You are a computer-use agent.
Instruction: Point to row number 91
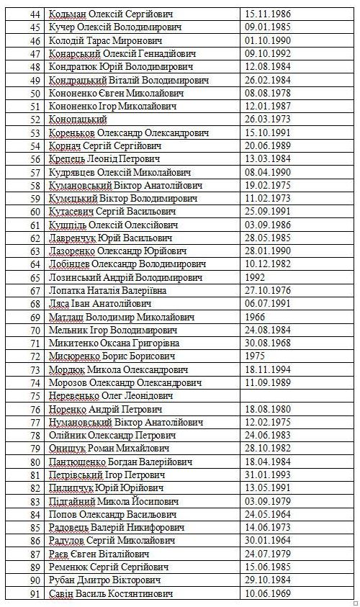(x=33, y=593)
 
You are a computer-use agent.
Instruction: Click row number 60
(x=33, y=212)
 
